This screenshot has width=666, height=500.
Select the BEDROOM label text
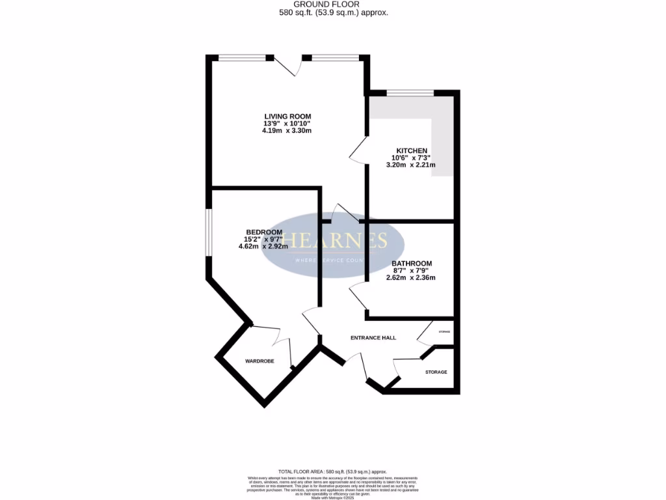point(264,232)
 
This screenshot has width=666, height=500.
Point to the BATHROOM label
point(411,264)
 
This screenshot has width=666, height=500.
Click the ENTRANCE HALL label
point(373,338)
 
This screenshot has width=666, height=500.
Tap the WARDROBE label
point(260,361)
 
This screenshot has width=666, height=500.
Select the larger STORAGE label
point(436,372)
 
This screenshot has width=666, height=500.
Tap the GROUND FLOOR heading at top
point(332,4)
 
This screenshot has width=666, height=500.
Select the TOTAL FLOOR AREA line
point(332,471)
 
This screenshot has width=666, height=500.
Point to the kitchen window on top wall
point(410,93)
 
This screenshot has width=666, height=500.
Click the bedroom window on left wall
point(208,232)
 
